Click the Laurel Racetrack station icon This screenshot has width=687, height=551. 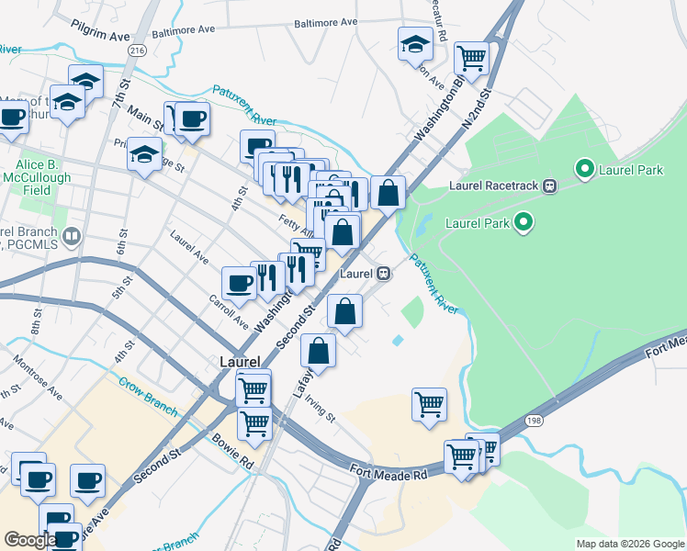click(x=550, y=186)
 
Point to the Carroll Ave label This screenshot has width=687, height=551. click(x=228, y=312)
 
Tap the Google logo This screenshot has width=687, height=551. click(x=30, y=540)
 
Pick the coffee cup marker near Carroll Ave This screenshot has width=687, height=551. click(x=239, y=283)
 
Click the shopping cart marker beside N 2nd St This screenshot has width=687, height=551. click(x=471, y=58)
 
